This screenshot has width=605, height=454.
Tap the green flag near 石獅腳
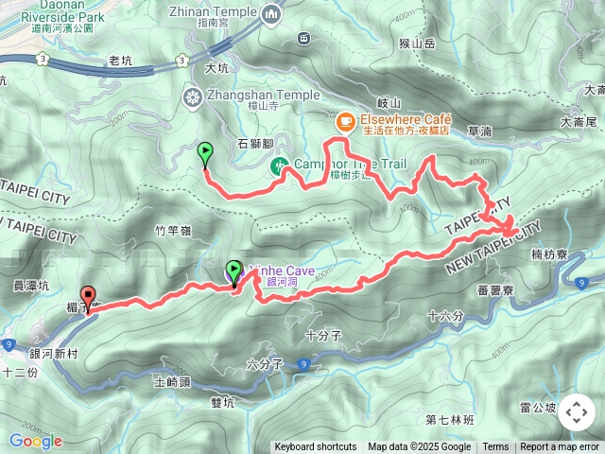[205, 151]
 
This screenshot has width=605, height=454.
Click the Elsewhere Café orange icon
[345, 120]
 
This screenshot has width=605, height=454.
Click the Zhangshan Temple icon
[194, 96]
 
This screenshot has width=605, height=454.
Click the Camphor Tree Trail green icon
[281, 166]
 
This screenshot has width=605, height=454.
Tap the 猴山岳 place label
[417, 43]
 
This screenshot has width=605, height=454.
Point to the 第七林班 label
[448, 420]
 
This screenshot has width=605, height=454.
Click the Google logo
[35, 441]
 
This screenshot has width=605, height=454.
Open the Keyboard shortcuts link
[316, 447]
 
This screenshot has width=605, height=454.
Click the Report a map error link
[561, 447]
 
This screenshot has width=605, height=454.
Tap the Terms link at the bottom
[495, 447]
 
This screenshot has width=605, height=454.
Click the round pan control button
[576, 413]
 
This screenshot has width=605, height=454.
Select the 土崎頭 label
[172, 382]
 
